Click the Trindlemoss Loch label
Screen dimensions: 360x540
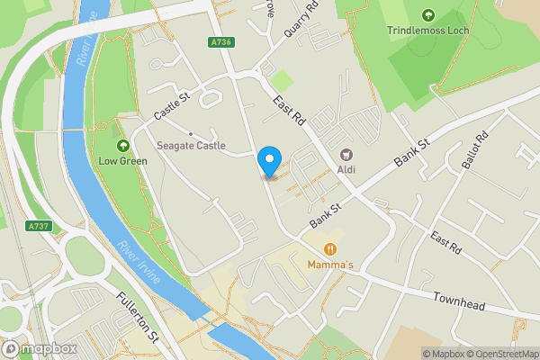tap(427, 31)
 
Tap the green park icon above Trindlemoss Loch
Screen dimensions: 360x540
tap(427, 14)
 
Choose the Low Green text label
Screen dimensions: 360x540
tap(122, 163)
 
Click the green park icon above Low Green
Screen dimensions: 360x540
tap(122, 147)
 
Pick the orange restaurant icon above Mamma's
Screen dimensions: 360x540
tap(330, 248)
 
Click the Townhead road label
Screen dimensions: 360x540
tap(459, 301)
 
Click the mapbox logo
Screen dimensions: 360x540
tap(40, 348)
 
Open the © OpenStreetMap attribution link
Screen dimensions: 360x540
tap(499, 354)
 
